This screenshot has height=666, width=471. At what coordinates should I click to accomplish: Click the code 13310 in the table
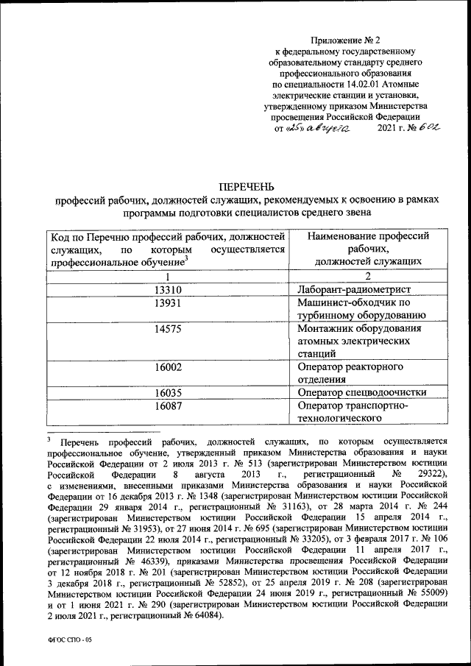click(169, 290)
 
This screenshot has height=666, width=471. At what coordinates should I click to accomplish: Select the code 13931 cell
click(169, 303)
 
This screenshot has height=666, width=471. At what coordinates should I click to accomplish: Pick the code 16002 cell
click(169, 366)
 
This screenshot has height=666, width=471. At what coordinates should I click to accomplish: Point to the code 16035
click(169, 392)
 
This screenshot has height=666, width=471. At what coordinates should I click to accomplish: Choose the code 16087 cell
click(169, 405)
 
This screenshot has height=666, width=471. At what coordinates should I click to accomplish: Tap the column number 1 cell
click(169, 277)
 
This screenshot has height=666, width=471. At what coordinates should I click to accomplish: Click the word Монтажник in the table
click(330, 328)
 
